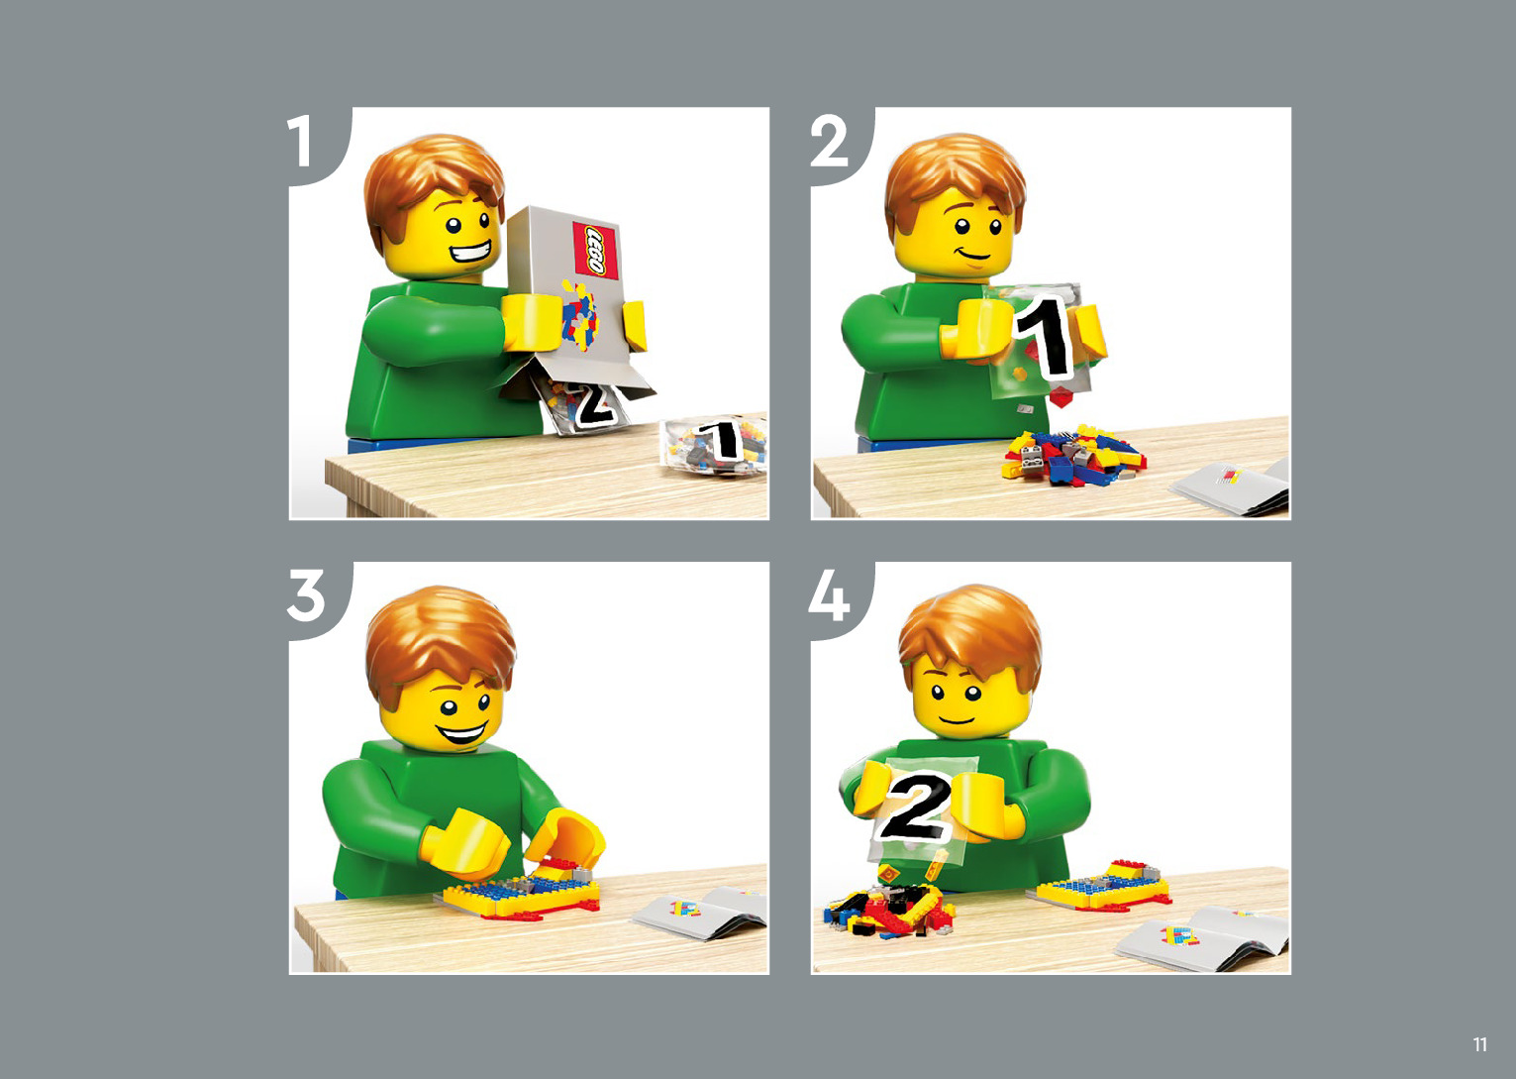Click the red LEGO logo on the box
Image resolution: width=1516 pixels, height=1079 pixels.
tap(595, 250)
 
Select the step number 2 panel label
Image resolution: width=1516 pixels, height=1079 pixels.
tap(829, 141)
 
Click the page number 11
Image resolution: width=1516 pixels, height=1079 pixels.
tap(1480, 1044)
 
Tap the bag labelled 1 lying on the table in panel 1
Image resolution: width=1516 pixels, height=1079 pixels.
tap(714, 444)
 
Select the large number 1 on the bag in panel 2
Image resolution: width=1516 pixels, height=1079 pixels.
tap(1043, 337)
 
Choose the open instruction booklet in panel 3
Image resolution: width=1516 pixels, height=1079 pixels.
tap(700, 915)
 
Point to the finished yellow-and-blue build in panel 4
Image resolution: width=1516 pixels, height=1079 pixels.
tap(1102, 885)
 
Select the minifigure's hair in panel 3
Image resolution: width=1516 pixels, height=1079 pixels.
tap(440, 640)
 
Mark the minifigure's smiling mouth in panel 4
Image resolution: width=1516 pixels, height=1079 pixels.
tap(957, 719)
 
